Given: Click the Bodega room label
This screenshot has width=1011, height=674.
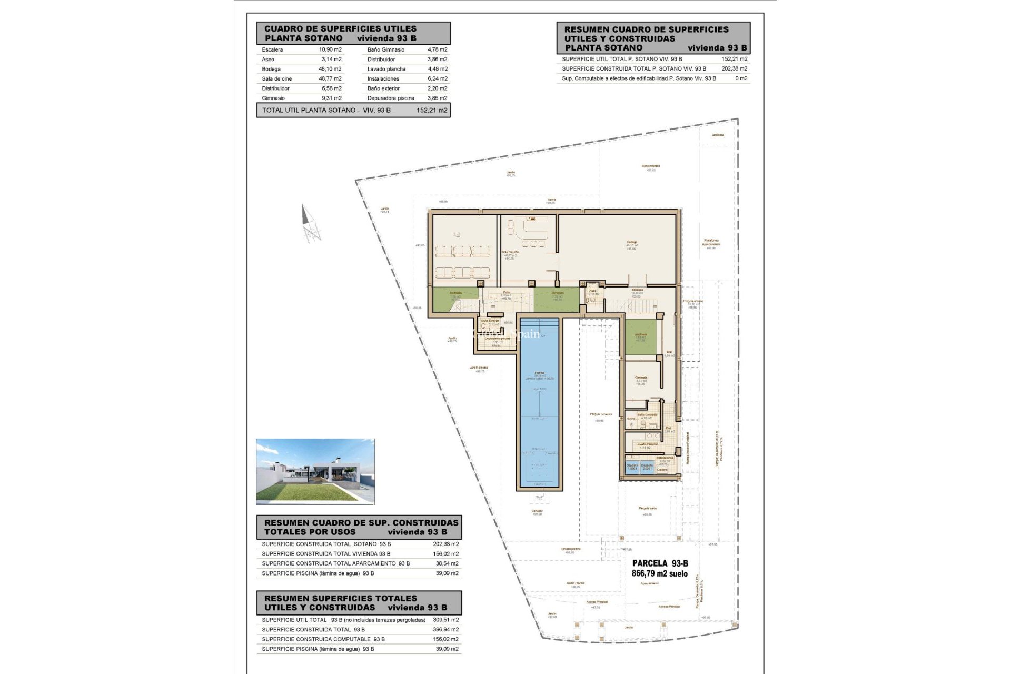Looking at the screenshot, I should coord(632,243).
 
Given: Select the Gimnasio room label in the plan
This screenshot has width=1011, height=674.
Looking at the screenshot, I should coord(641,378).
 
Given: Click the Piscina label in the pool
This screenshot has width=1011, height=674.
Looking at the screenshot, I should coord(539,373).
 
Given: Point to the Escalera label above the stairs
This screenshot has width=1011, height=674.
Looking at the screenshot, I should coord(637,290).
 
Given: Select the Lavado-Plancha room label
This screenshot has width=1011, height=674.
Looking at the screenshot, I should coord(647,444).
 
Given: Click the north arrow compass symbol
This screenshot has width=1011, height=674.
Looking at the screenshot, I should coord(310,224).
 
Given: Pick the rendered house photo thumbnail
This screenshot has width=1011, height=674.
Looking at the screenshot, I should coord(315,472).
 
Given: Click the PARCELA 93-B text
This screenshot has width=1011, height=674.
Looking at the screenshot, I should coord(660,563).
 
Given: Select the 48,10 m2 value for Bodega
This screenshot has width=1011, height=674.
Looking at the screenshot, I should coord(330,69).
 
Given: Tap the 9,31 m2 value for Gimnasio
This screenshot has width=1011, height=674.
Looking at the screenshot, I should coord(331,98).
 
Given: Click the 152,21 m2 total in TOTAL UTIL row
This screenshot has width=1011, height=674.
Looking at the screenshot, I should coord(431,111).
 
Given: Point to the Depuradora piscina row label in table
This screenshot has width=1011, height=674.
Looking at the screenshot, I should coord(391,98).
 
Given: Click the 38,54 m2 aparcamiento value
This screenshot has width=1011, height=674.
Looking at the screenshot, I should coord(448,563).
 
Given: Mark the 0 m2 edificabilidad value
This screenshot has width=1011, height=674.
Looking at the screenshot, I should coord(741,78).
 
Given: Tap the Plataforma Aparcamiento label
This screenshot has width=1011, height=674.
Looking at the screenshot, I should coord(711,242).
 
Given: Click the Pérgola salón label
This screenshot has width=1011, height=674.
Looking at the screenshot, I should coord(648,509).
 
